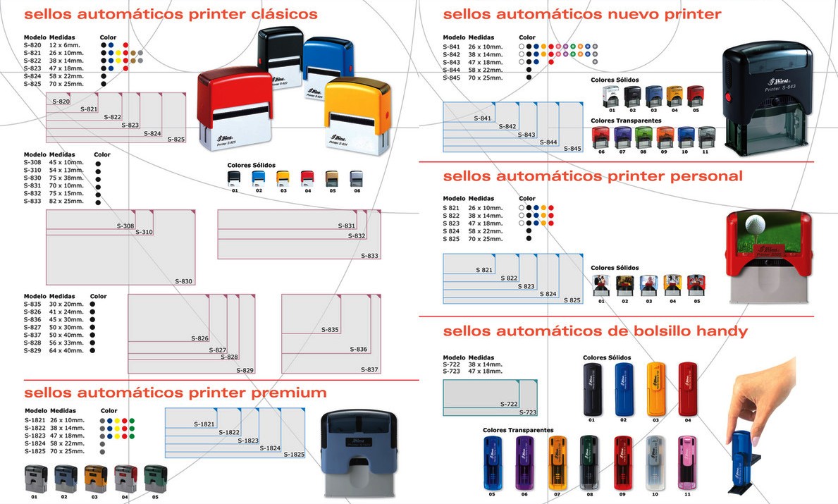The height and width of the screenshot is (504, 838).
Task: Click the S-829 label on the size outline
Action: (245, 370)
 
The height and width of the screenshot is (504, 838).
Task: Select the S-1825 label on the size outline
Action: (294, 455)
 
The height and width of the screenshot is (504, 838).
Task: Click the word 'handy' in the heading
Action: (722, 331)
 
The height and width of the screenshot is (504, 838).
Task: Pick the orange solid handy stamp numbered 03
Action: (655, 388)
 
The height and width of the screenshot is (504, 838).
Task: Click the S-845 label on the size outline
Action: (572, 149)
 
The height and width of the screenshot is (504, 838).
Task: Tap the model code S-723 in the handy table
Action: (451, 371)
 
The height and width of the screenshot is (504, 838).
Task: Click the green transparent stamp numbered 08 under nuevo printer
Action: (643, 137)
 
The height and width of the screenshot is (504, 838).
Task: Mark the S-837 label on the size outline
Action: (369, 369)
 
